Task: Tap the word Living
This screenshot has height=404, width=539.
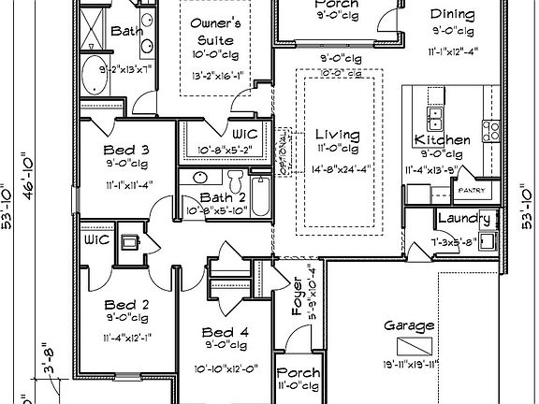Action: click(337, 135)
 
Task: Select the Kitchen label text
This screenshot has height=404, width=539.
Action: click(442, 140)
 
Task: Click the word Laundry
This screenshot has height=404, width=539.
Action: click(465, 220)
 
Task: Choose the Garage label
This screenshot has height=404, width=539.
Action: click(409, 326)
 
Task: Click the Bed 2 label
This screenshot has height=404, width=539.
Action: click(126, 305)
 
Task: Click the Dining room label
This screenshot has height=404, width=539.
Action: click(452, 15)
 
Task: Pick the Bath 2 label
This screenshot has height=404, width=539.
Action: click(223, 197)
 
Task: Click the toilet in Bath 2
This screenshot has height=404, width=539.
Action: click(236, 178)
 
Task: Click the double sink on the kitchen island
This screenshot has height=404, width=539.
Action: click(434, 118)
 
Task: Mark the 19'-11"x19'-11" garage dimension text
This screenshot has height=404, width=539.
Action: click(410, 364)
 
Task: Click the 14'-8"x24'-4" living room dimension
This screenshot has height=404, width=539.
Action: click(337, 169)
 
